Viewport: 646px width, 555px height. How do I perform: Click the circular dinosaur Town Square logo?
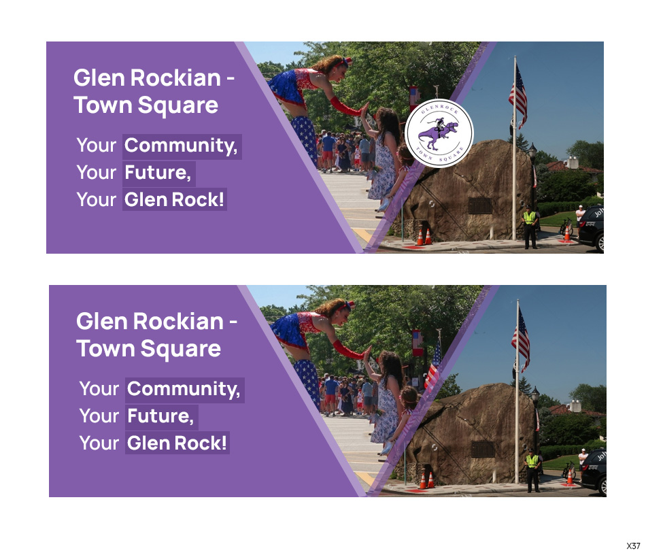click(439, 133)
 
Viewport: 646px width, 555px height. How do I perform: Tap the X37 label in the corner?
click(633, 546)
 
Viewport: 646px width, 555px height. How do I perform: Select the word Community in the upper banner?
click(182, 146)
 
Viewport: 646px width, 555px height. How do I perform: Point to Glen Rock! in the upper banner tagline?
click(175, 200)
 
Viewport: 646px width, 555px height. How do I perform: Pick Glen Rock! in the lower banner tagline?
click(177, 443)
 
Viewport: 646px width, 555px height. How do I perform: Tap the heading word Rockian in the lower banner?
click(178, 321)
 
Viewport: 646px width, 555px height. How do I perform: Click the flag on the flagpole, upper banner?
click(520, 95)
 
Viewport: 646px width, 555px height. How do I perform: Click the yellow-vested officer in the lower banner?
click(532, 469)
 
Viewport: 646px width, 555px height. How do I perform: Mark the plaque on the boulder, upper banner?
click(480, 205)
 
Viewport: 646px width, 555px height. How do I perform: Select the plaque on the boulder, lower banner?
click(483, 449)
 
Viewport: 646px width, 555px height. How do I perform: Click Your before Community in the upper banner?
click(97, 146)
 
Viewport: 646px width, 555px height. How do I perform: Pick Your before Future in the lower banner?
click(99, 416)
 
